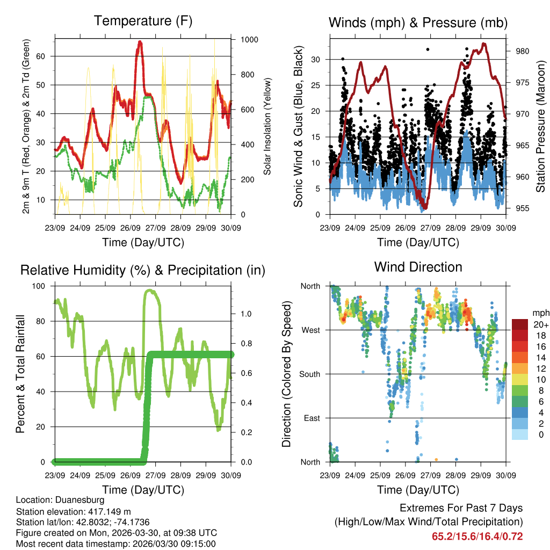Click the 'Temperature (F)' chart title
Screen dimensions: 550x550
point(143,21)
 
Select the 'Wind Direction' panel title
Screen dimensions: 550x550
point(418,267)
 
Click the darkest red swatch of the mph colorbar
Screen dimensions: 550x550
point(519,324)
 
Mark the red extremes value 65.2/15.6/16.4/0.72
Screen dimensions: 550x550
point(477,537)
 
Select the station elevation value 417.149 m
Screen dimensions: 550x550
point(104,511)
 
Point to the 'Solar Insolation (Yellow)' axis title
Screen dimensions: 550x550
point(267,126)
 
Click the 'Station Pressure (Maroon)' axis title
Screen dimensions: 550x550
point(541,126)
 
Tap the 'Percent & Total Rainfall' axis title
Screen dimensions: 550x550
point(20,374)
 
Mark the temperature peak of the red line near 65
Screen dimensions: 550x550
point(140,42)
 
